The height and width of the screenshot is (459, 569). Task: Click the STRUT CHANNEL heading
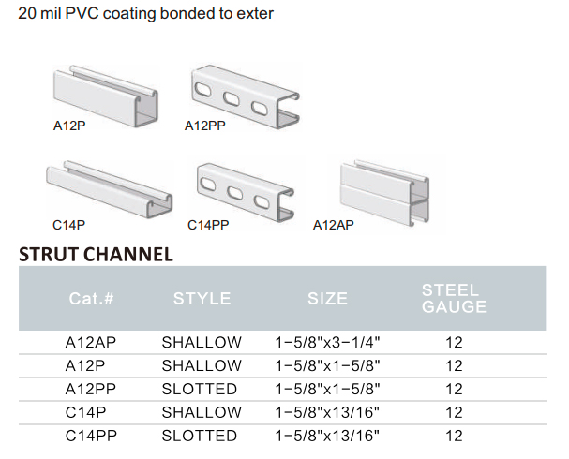96,254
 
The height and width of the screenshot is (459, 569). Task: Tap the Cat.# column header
92,299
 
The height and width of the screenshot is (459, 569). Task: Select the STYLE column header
202,299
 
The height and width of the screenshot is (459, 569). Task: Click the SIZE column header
327,299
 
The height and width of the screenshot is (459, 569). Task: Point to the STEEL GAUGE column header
454,299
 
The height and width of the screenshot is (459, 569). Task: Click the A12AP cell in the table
91,342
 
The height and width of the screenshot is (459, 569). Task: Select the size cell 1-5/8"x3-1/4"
327,342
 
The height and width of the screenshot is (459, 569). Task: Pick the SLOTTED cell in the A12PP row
200,389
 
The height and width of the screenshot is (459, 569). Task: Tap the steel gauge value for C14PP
454,436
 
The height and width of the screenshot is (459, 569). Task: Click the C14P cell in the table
85,412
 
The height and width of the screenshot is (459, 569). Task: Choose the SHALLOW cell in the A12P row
202,365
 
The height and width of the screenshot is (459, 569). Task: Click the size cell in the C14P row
327,412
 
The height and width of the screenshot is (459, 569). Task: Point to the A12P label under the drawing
69,126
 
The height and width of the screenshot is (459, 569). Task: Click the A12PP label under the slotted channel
205,126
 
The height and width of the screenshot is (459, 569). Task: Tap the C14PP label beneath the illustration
208,225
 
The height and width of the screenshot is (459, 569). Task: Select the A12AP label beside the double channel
333,225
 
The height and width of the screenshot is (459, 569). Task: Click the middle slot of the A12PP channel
232,98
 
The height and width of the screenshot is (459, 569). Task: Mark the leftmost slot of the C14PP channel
207,184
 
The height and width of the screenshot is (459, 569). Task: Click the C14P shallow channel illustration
110,189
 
